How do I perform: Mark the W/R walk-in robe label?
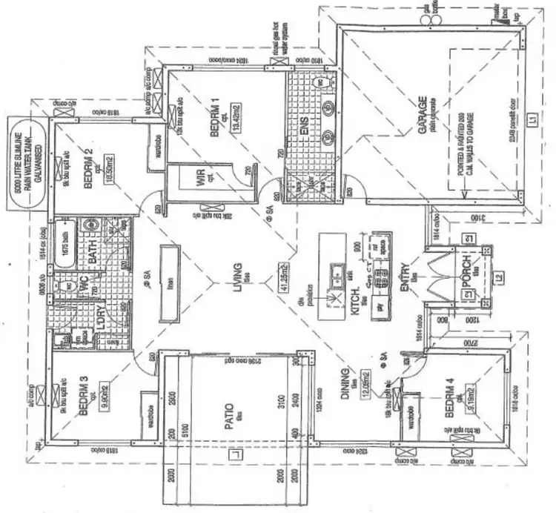(198, 179)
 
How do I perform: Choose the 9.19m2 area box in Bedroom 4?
(469, 392)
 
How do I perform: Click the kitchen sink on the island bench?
(335, 271)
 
